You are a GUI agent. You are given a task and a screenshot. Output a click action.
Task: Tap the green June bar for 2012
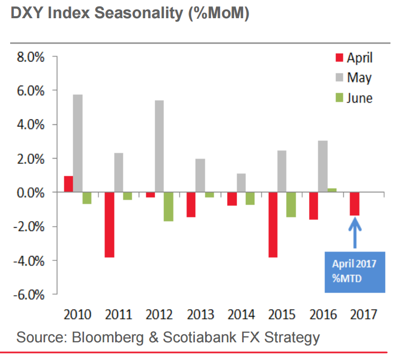(168, 206)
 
